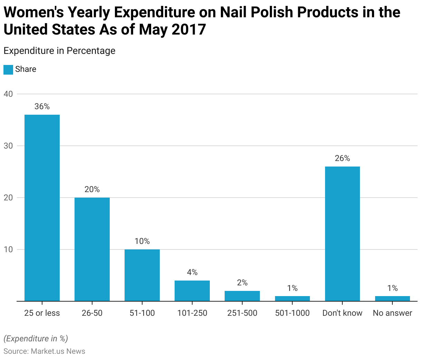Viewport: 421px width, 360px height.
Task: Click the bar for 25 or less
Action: [x=42, y=208]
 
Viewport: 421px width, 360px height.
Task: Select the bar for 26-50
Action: [x=92, y=249]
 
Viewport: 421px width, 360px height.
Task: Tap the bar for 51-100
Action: [x=142, y=275]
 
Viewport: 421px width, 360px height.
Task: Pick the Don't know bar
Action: [x=342, y=234]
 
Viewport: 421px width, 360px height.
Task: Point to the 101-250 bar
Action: [x=192, y=291]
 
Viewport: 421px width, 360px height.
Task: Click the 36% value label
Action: [x=42, y=106]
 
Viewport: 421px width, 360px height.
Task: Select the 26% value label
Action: [x=342, y=158]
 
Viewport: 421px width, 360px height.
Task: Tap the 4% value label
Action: [x=192, y=272]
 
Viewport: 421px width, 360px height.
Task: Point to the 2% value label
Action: [x=242, y=283]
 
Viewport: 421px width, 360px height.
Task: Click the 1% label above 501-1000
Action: [x=292, y=288]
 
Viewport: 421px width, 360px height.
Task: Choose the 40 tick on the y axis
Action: [x=8, y=94]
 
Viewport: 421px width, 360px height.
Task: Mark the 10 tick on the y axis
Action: [x=8, y=249]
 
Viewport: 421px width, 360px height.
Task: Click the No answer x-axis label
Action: [x=392, y=313]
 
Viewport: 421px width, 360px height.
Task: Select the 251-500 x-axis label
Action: [x=242, y=313]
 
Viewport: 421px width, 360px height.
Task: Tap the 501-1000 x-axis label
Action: [x=292, y=313]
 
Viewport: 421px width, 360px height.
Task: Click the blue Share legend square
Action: [x=8, y=69]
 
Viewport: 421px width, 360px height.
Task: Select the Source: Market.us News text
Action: [x=44, y=351]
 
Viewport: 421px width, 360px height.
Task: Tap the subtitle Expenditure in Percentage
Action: [x=59, y=51]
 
